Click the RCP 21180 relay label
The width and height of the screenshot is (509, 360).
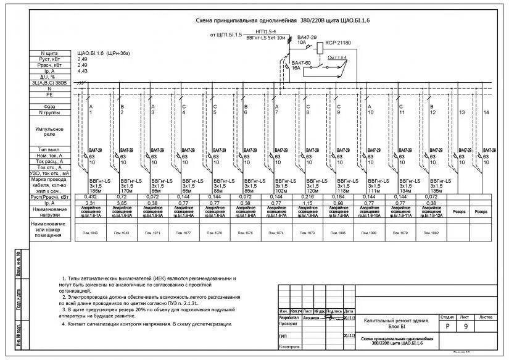tap(337, 43)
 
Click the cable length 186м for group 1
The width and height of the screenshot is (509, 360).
tap(96, 191)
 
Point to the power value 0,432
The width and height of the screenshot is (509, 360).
tap(91, 196)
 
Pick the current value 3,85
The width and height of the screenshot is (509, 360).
tap(122, 203)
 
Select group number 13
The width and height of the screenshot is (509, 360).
tap(461, 112)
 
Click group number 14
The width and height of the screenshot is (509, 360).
tap(486, 112)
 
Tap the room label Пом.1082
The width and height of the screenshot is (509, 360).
tap(431, 233)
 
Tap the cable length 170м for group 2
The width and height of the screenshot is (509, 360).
tap(127, 191)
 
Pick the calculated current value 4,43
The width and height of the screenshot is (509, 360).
tap(82, 71)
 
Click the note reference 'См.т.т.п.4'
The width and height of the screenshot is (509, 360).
tap(337, 57)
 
